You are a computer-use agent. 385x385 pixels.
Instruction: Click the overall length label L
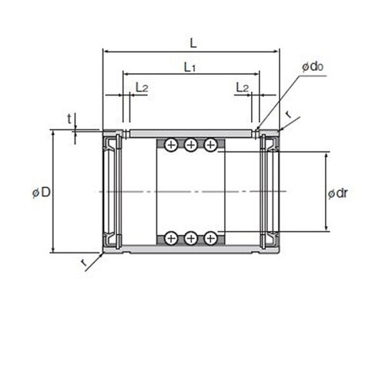193,43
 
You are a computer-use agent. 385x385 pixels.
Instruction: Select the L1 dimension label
190,67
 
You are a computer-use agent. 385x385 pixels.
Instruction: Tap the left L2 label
142,87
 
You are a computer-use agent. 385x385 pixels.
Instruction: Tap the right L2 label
243,87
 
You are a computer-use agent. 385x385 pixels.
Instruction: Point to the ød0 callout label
313,66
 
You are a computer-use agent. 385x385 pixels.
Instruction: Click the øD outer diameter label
42,192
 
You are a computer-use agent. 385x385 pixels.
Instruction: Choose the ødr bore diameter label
338,193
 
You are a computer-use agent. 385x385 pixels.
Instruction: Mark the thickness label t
69,119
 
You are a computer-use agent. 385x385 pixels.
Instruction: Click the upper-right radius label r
290,115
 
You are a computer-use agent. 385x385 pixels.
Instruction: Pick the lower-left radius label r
84,262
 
